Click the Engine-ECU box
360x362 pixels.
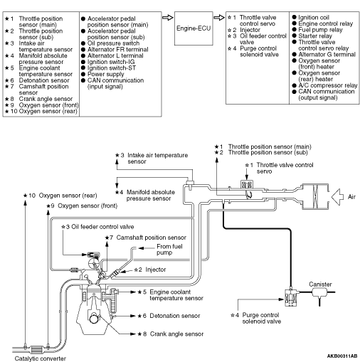point(194,28)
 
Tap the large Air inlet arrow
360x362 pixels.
point(337,197)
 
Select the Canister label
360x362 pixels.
point(320,284)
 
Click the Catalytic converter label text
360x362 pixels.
point(40,358)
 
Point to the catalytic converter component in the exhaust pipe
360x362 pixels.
point(37,349)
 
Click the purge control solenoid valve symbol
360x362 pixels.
point(291,297)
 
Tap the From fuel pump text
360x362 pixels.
point(169,250)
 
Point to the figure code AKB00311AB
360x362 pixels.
point(342,356)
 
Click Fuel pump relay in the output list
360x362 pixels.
point(320,30)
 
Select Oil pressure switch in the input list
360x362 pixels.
point(113,43)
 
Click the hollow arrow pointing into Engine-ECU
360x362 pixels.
point(168,18)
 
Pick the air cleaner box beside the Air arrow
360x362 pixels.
point(315,196)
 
